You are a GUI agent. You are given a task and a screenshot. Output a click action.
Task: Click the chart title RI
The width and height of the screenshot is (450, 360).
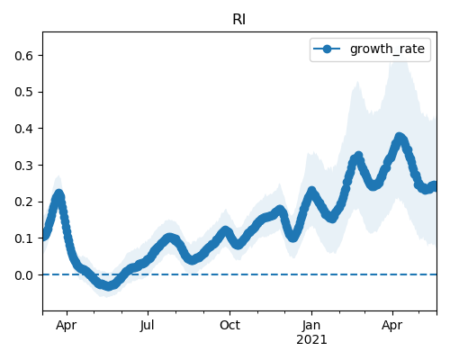pos(239,20)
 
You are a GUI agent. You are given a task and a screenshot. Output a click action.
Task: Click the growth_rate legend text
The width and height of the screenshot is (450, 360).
pos(387,49)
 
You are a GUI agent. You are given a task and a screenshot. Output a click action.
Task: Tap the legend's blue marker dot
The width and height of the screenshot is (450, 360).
pos(327,49)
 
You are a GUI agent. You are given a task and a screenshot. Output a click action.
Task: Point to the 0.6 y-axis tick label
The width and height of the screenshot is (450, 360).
pos(23,56)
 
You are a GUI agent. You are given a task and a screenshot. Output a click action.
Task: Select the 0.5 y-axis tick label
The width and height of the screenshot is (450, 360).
pos(23,92)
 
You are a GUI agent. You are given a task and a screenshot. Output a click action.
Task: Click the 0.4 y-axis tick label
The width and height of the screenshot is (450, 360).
pos(23,129)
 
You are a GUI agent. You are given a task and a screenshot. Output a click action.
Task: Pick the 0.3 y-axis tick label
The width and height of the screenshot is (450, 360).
pos(23,166)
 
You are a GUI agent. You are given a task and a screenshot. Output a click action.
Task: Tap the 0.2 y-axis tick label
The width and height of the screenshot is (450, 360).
pos(23,202)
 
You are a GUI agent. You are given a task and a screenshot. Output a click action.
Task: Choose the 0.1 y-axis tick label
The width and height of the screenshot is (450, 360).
pos(23,238)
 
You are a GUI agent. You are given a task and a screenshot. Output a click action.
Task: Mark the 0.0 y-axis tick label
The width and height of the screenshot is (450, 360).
pos(23,275)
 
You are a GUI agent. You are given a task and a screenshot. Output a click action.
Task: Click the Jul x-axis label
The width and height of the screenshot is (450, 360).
pos(148,326)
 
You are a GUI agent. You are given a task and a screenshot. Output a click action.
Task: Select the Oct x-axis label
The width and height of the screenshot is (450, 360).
pos(229,326)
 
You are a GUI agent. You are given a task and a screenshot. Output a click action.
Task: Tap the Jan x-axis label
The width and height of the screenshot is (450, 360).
pos(311,326)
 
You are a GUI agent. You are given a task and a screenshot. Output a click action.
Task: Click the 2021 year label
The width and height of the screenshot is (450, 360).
pos(311,340)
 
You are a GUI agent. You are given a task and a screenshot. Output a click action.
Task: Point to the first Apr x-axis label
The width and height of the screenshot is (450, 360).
pos(66,326)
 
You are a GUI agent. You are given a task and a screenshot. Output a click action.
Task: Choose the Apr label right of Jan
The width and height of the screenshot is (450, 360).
pos(392,326)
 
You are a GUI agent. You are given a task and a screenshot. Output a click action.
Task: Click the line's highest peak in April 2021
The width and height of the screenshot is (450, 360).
pos(400,138)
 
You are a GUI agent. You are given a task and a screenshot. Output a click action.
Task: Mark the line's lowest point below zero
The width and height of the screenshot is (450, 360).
pos(108,285)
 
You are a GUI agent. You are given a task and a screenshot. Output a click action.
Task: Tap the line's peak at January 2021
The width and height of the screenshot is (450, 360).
pos(311,191)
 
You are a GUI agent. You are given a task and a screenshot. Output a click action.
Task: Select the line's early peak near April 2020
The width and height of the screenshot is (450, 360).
pos(58,194)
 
